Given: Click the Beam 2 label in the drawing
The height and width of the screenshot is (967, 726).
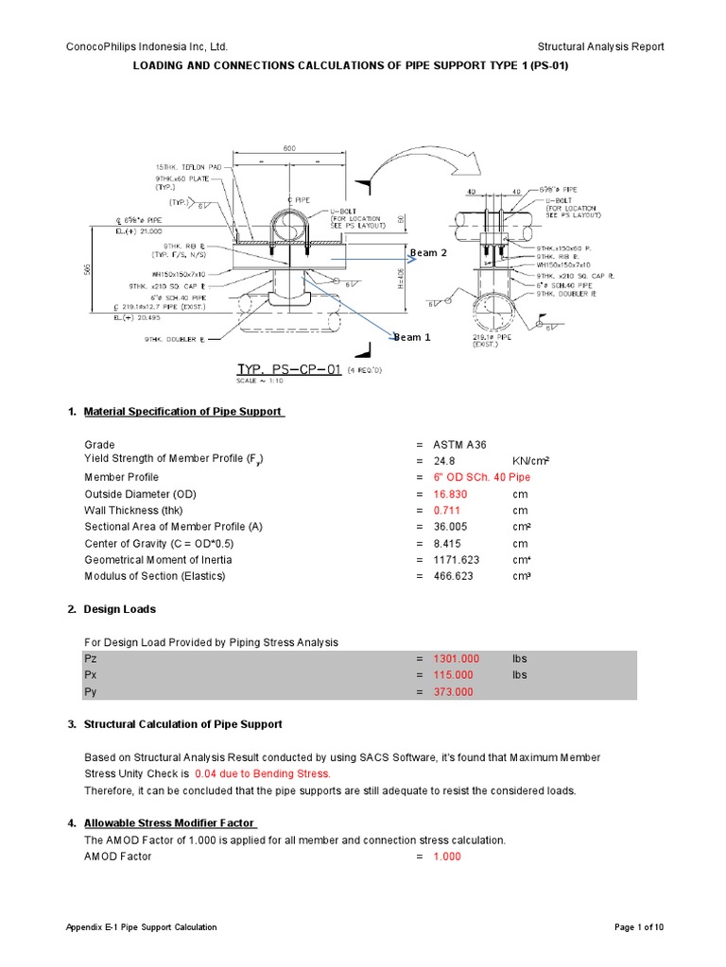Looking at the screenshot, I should (427, 253).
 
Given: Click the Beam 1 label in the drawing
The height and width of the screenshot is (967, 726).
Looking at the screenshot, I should (412, 337).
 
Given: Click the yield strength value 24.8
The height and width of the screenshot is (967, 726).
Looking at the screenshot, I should (445, 461).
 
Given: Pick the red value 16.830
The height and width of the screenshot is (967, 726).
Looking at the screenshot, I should (453, 494).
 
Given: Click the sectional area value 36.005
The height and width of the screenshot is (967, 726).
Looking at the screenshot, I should (453, 527).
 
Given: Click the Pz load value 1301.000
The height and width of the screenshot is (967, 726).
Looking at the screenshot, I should (456, 658).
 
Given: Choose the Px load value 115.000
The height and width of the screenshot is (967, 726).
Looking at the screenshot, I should (453, 675).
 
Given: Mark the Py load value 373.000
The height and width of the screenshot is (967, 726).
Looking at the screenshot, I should (453, 692).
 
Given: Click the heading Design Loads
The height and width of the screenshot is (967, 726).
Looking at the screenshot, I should (120, 609).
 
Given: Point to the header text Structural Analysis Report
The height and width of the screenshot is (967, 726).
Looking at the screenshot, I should (600, 46).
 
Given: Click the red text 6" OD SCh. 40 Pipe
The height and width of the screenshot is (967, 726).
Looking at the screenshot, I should (482, 478).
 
